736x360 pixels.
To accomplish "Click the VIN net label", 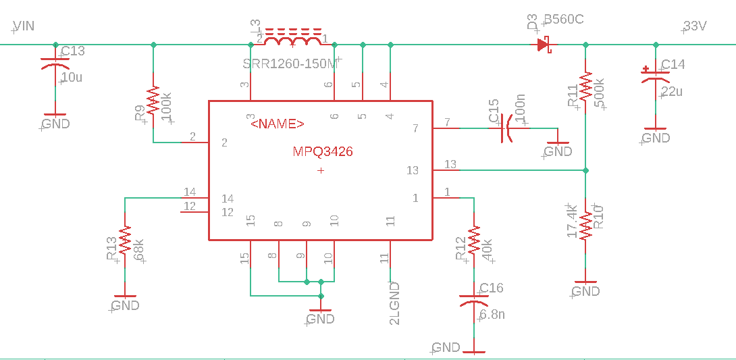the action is (24, 26).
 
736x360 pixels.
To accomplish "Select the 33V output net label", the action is (695, 27).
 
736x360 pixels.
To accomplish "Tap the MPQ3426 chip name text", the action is (322, 152).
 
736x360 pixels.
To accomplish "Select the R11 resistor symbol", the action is (585, 86).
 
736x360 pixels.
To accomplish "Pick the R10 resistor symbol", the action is (585, 226).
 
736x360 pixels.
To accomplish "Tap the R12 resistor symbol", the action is (474, 240).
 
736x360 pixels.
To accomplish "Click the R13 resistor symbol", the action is (125, 240).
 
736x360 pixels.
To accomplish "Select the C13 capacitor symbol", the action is (55, 63).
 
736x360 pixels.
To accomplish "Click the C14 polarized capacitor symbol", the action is (656, 75).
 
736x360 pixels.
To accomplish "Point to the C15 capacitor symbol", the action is (505, 128).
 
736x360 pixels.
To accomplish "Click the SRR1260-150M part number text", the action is (290, 64).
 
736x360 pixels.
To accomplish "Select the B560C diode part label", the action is (564, 20).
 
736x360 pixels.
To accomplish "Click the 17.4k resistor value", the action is (572, 220).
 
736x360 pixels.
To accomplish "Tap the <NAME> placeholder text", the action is (277, 124).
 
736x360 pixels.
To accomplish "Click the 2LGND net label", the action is (395, 303).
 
